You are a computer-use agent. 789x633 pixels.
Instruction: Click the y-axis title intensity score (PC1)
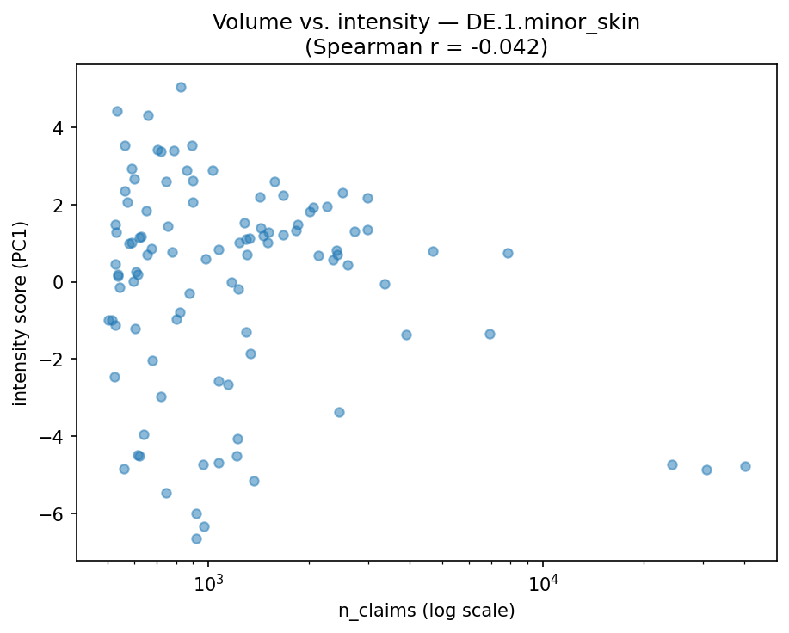click(x=20, y=312)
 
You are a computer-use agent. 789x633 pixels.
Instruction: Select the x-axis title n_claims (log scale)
click(x=426, y=611)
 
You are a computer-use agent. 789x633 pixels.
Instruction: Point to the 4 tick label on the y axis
click(x=61, y=128)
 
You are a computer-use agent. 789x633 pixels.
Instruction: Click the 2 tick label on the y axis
click(x=61, y=205)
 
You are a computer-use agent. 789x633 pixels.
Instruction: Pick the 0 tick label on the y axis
click(x=61, y=282)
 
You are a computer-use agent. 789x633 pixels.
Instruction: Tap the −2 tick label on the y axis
click(x=57, y=360)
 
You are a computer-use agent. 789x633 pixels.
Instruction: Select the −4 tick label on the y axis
click(x=57, y=437)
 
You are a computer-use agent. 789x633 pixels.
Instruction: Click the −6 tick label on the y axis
click(x=57, y=513)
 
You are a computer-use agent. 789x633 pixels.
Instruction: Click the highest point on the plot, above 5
click(x=181, y=87)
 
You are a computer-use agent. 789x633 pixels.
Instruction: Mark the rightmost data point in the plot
click(x=745, y=466)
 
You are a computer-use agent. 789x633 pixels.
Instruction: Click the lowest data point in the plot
click(x=196, y=538)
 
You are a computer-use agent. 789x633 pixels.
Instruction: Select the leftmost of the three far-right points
click(x=672, y=464)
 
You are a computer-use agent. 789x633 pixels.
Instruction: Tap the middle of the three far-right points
click(x=706, y=470)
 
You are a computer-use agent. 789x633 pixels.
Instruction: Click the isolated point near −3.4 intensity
click(x=339, y=412)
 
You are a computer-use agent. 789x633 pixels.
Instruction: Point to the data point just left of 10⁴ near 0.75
click(x=508, y=253)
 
